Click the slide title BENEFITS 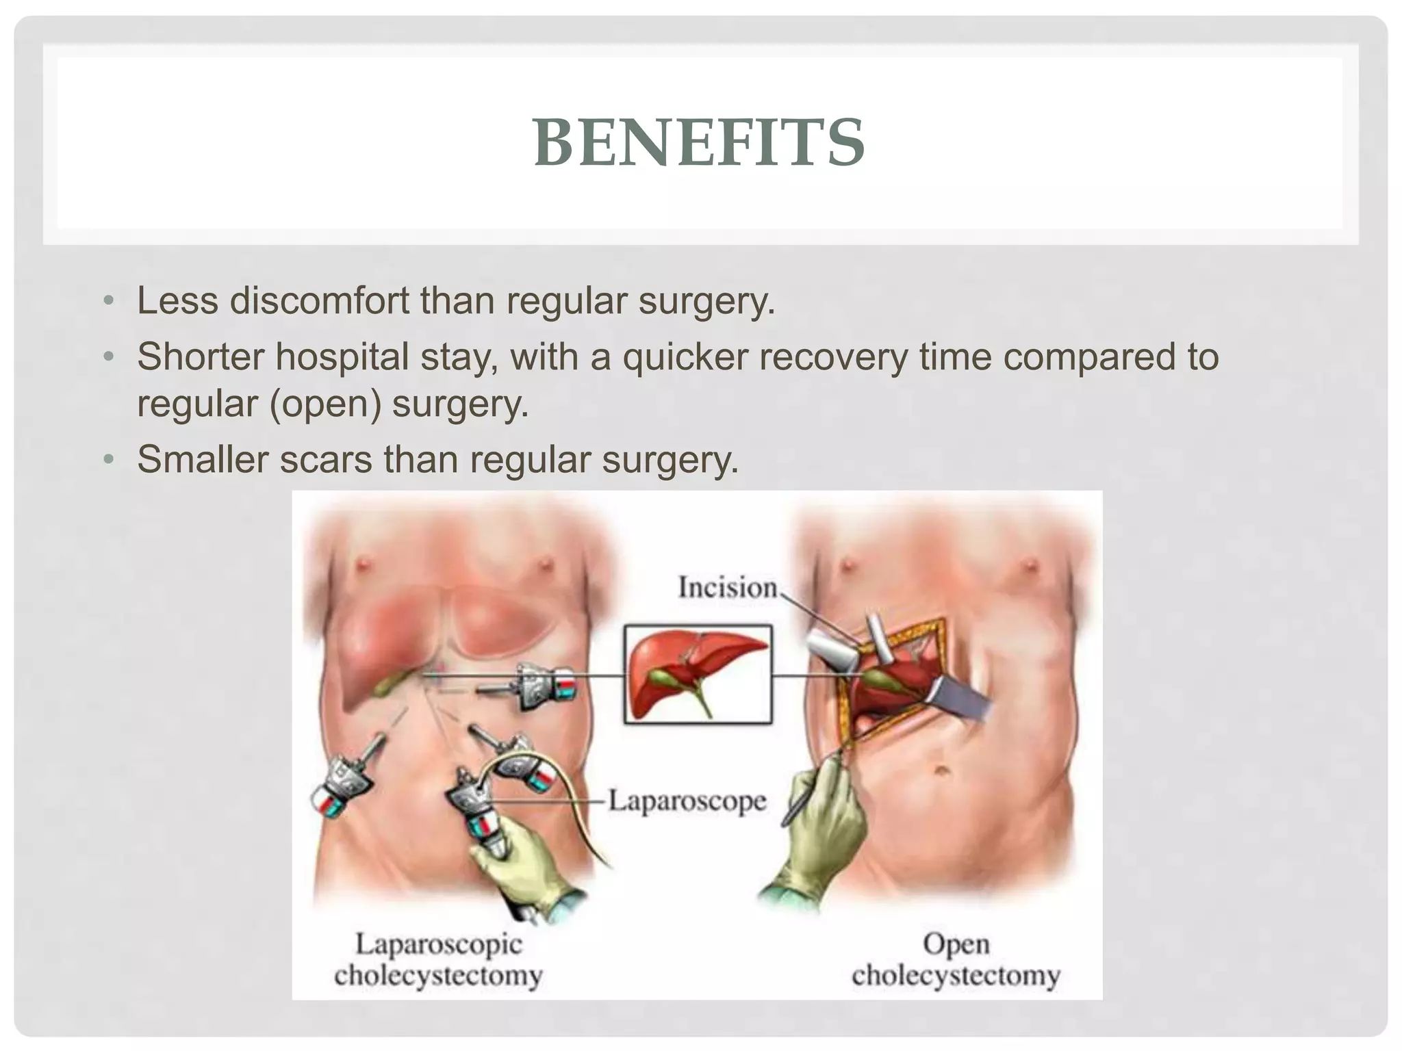tap(699, 142)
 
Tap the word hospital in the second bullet tap(342, 356)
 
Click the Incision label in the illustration tap(727, 588)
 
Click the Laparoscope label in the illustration tap(687, 801)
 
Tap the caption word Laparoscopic tap(438, 945)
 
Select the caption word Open tap(956, 945)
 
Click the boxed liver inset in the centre tap(698, 674)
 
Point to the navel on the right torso tap(943, 772)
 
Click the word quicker tap(685, 356)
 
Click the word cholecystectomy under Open tap(956, 975)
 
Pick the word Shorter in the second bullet tap(201, 356)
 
